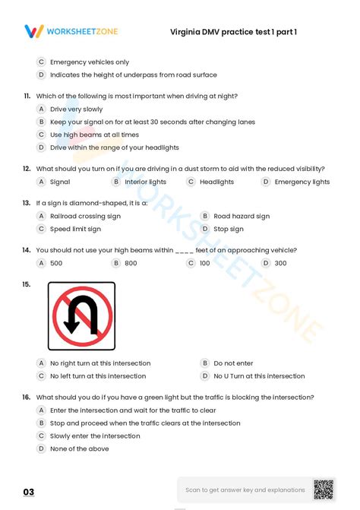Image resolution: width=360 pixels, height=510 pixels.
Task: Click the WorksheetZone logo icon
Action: pos(34,31)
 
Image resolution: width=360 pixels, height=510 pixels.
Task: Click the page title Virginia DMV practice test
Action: pos(234,32)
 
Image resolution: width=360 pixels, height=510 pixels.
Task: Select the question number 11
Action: pos(27,96)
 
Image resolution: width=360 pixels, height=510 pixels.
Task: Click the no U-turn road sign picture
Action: pos(81,315)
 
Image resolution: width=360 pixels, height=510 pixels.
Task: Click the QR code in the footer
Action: pos(324,490)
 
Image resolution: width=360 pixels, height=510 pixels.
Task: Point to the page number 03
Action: pos(29,493)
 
